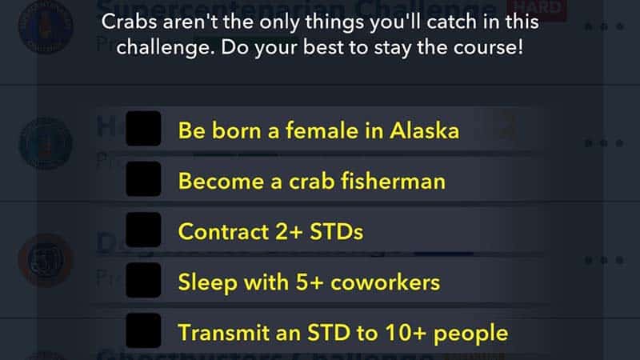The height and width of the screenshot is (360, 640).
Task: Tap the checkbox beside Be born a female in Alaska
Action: coord(145,129)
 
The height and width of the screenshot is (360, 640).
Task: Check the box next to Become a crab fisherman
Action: coord(145,180)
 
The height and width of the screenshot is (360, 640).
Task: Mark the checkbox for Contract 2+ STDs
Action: coord(145,231)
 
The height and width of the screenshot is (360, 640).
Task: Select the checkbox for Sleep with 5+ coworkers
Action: coord(145,282)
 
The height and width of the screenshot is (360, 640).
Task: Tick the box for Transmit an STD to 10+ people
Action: coord(145,331)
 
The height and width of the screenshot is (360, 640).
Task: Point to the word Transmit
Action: coord(217,332)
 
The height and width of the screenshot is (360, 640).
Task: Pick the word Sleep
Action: coord(202,282)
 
